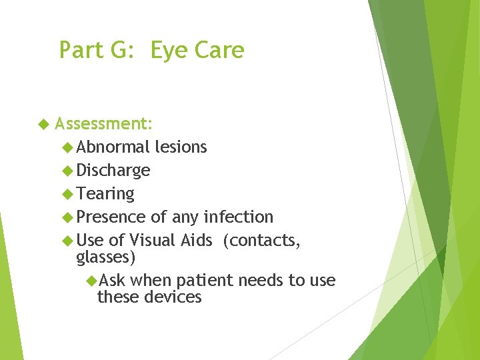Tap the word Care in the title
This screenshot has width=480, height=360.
[221, 51]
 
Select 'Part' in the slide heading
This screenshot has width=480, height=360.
[80, 51]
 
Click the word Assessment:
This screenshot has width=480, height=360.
[104, 124]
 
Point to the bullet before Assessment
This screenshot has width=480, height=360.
[44, 124]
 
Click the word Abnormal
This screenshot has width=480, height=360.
[113, 147]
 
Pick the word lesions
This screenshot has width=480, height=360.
[181, 147]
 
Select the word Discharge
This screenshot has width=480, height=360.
[113, 170]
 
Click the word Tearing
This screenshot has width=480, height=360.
[105, 193]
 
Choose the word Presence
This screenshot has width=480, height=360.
[111, 217]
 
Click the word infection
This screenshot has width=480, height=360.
[238, 217]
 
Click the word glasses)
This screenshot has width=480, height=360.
[106, 257]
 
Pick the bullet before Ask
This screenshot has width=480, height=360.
[91, 281]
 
